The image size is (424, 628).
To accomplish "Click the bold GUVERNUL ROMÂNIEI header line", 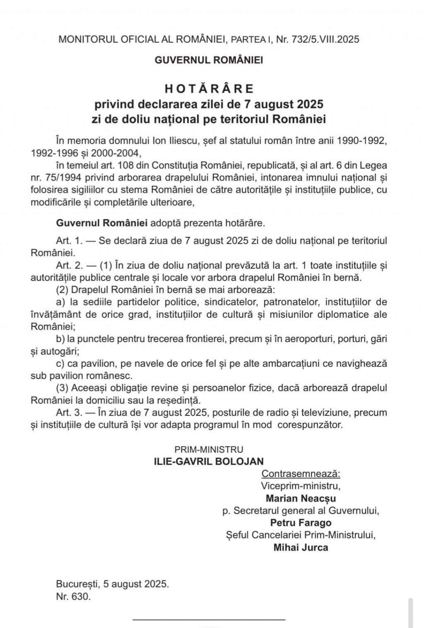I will pyautogui.click(x=209, y=60).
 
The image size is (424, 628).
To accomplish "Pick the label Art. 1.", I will pyautogui.click(x=66, y=241).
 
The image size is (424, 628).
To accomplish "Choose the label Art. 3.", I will pyautogui.click(x=66, y=412).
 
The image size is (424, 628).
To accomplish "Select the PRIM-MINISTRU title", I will pyautogui.click(x=209, y=449).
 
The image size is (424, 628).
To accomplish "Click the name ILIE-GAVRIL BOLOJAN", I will pyautogui.click(x=209, y=461).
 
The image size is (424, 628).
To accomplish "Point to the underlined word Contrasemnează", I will pyautogui.click(x=301, y=474).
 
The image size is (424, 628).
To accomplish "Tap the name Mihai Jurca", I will pyautogui.click(x=301, y=547).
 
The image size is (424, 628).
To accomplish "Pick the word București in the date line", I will pyautogui.click(x=77, y=584).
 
